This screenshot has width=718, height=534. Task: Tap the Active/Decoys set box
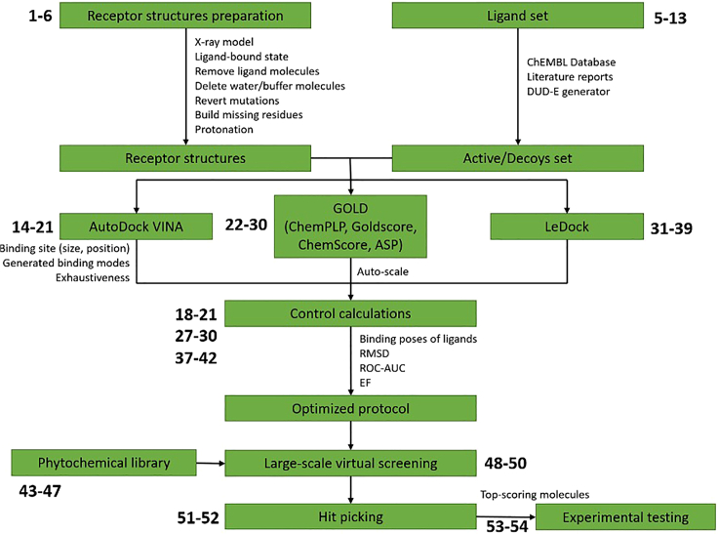click(x=517, y=157)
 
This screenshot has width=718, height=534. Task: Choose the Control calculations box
click(x=350, y=313)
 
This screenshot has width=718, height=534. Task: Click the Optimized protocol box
click(x=350, y=407)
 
